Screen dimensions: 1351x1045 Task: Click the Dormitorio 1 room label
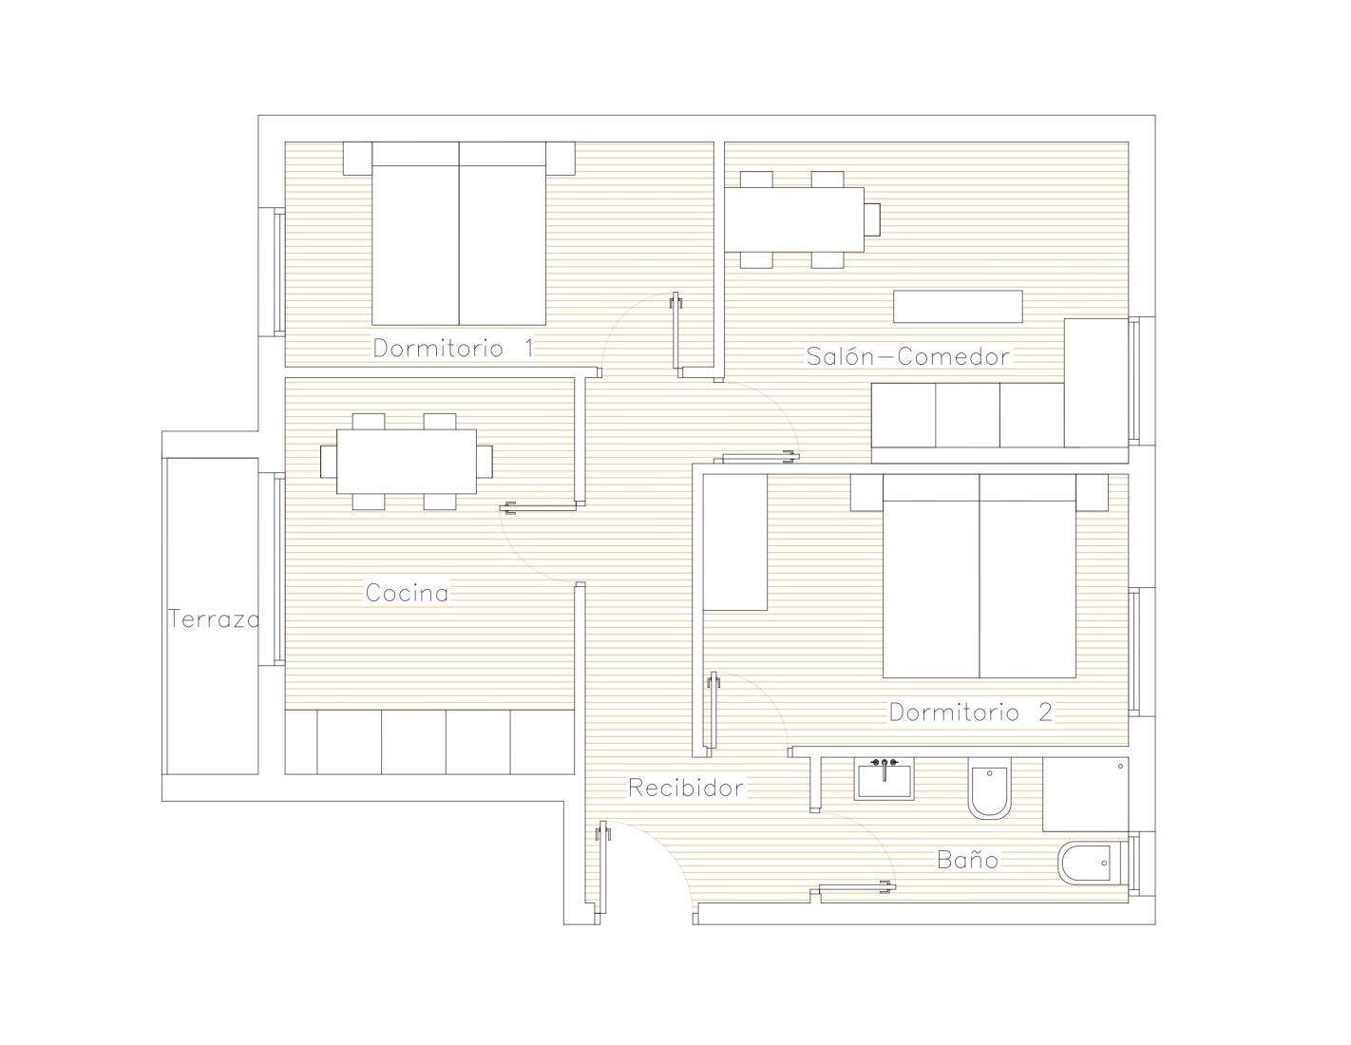click(453, 348)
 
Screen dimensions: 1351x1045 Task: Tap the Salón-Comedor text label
click(907, 356)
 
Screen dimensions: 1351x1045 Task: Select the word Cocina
click(407, 593)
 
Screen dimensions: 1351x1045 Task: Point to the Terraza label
click(214, 619)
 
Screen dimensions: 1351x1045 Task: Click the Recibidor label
click(686, 788)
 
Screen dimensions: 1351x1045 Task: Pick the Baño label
click(967, 860)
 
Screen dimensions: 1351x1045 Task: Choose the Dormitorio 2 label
click(971, 712)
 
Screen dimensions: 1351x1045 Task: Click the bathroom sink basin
click(884, 778)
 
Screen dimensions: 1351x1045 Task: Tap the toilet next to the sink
click(989, 788)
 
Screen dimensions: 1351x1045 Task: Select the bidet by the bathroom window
click(1084, 863)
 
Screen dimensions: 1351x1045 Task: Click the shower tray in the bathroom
click(1086, 794)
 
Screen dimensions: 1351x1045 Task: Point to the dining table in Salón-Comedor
click(794, 219)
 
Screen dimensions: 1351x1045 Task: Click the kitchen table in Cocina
click(407, 462)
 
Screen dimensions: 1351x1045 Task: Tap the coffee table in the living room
click(958, 307)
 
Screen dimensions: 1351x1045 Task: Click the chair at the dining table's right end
click(872, 219)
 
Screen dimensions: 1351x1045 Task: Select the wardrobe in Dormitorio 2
click(735, 542)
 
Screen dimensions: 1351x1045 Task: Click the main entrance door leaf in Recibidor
click(601, 867)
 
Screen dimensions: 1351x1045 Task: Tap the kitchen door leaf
click(538, 508)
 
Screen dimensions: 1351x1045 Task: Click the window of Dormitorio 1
click(279, 273)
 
